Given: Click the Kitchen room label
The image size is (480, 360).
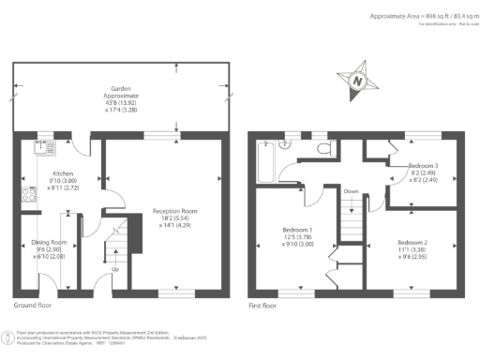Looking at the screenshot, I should point(64,173).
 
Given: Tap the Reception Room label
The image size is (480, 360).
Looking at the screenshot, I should point(173,211).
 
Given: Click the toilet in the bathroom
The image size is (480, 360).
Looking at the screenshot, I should point(323,148).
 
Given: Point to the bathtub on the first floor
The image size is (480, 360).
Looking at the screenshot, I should point(264,161).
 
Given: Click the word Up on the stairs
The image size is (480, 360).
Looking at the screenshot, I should point(115,270).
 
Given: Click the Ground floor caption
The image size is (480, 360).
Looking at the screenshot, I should point(33,305).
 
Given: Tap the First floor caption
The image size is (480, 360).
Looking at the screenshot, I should point(264,305).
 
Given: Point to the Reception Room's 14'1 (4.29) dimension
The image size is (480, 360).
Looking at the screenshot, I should point(173,226).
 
